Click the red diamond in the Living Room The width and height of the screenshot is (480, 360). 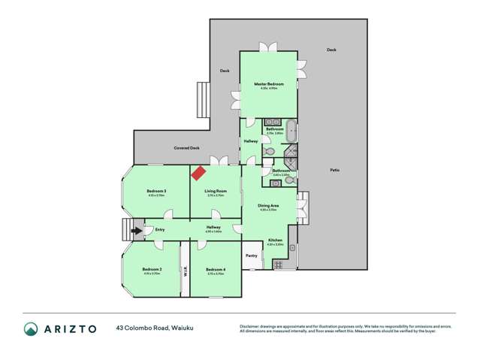click(x=198, y=174)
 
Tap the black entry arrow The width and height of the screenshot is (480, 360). click(x=137, y=231)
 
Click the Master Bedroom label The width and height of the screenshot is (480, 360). click(x=268, y=83)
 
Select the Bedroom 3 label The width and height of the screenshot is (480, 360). click(x=155, y=192)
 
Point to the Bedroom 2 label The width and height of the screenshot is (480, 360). click(x=152, y=269)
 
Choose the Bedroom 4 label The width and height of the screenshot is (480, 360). click(x=216, y=269)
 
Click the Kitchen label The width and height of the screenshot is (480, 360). click(x=276, y=241)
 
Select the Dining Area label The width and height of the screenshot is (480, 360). click(x=269, y=205)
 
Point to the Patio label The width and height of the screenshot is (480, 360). click(x=334, y=170)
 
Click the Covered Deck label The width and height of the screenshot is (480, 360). click(x=186, y=148)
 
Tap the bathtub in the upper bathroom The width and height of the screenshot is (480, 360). click(x=291, y=132)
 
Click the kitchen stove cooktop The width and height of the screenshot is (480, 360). click(x=279, y=264)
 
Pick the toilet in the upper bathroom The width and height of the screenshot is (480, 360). click(x=270, y=151)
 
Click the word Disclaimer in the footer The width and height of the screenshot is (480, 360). click(x=251, y=326)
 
